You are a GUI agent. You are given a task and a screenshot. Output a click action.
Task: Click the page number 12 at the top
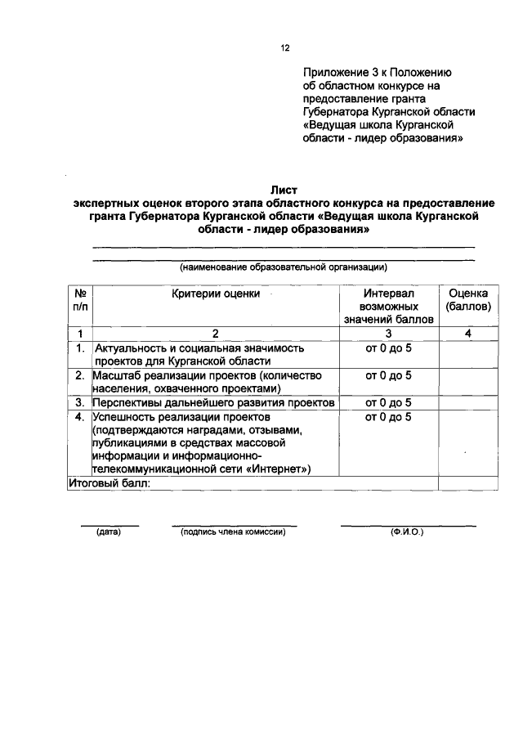pyautogui.click(x=285, y=48)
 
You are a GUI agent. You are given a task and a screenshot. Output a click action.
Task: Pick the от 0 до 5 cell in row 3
pyautogui.click(x=388, y=402)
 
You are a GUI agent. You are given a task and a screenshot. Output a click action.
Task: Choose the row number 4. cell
pyautogui.click(x=80, y=416)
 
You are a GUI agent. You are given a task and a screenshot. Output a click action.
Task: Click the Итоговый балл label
pyautogui.click(x=109, y=482)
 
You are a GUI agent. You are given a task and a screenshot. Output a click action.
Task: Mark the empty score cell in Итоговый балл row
pyautogui.click(x=467, y=482)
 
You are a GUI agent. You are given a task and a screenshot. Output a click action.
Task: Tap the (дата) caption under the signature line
pyautogui.click(x=109, y=532)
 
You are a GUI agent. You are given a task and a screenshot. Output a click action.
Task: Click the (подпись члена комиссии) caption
pyautogui.click(x=233, y=532)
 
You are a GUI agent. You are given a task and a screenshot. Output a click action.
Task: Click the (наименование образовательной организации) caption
pyautogui.click(x=283, y=267)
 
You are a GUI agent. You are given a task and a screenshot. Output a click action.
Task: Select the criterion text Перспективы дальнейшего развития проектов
pyautogui.click(x=213, y=402)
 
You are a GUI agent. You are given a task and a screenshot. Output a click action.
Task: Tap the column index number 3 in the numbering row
pyautogui.click(x=388, y=333)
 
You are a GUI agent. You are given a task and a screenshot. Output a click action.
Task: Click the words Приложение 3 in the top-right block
pyautogui.click(x=334, y=72)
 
